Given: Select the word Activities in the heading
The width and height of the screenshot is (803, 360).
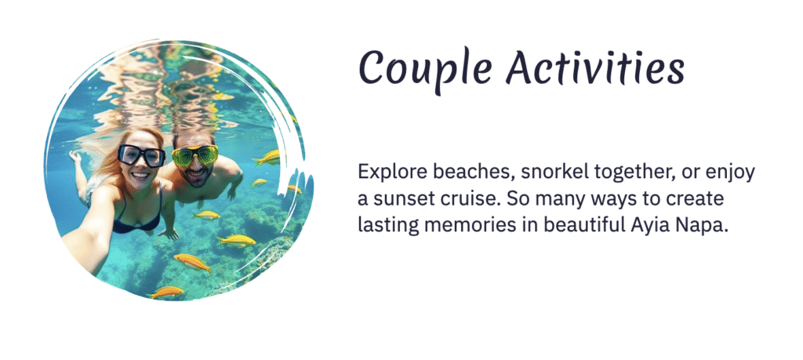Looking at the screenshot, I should tap(595, 68).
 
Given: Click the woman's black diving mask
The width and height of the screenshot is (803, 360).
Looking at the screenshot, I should tap(142, 155).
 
